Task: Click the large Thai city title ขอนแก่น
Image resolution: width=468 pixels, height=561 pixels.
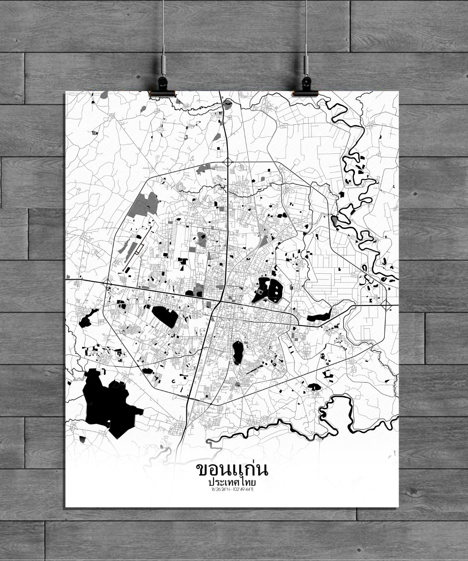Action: point(232,470)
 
